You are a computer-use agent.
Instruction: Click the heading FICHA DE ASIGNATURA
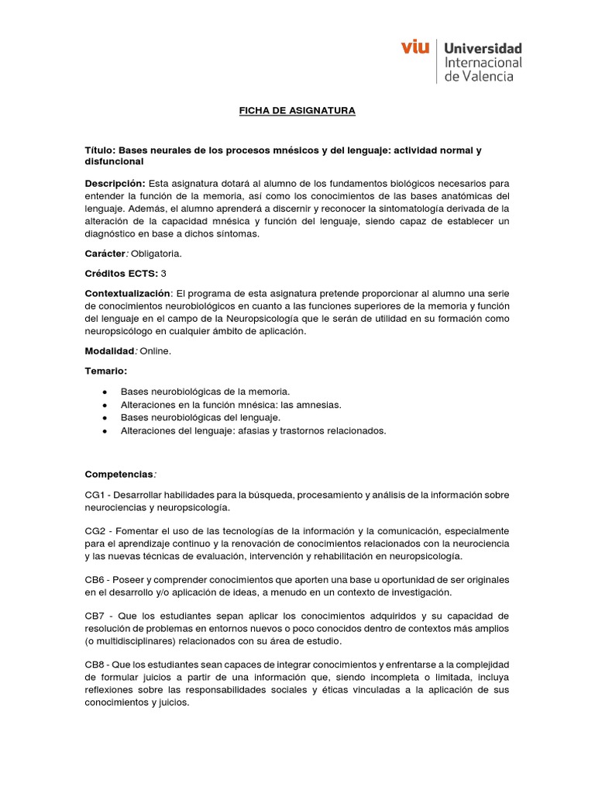[x=297, y=111]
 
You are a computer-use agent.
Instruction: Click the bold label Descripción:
[x=115, y=183]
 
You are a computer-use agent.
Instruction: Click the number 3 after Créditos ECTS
[x=163, y=274]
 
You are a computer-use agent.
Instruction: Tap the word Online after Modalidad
[x=156, y=351]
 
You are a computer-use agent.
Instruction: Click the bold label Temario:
[x=105, y=371]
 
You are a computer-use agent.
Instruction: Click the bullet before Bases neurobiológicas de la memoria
[x=104, y=392]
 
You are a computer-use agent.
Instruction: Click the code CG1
[x=96, y=495]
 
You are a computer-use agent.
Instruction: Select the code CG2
[x=96, y=530]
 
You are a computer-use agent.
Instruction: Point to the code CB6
[x=96, y=580]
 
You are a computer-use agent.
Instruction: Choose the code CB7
[x=96, y=616]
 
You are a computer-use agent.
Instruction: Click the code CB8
[x=96, y=665]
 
